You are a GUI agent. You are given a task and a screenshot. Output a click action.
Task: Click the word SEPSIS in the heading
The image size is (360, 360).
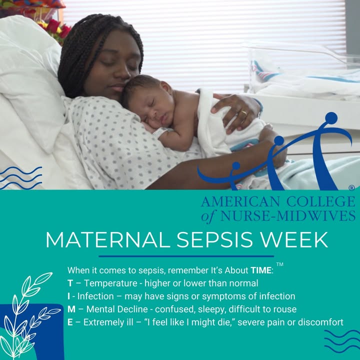[x=214, y=240]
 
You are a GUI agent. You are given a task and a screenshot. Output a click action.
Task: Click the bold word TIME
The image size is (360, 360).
[x=261, y=270]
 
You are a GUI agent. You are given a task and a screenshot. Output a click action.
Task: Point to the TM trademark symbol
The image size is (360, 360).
[x=279, y=264]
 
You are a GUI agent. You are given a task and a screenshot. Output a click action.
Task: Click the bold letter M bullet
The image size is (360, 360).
[x=71, y=309]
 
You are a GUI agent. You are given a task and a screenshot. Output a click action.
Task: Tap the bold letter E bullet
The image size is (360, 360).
[x=70, y=322]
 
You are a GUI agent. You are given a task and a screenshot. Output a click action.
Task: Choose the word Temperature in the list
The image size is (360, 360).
[x=110, y=283]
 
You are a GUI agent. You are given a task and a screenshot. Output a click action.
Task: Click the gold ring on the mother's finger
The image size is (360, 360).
[x=244, y=113]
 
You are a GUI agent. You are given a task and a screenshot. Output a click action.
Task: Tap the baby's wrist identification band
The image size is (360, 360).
[x=160, y=132]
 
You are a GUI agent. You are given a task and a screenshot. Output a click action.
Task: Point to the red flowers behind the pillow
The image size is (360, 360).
[x=56, y=28]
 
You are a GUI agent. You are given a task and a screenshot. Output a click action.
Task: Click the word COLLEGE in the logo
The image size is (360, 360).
[x=320, y=201]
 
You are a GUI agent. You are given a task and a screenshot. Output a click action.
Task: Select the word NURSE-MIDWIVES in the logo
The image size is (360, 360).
[x=288, y=215]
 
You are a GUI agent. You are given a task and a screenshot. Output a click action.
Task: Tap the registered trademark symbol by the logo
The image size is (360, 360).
[x=351, y=188]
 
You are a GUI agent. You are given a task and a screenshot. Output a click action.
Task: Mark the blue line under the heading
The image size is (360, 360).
[x=186, y=256]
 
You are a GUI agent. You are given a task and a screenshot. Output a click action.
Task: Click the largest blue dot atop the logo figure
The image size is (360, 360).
[x=331, y=118]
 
